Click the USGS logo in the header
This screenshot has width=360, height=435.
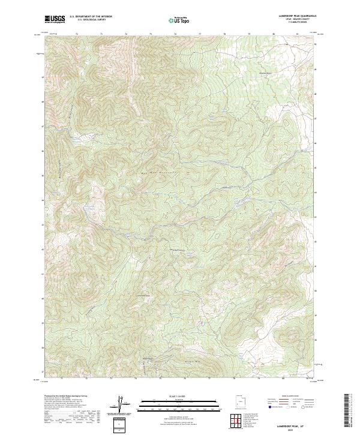coord(55,19)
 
